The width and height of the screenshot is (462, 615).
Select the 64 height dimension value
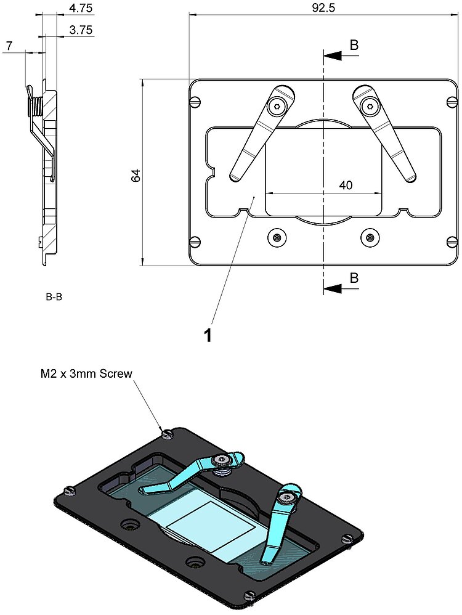click(x=136, y=175)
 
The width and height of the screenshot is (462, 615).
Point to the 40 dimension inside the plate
click(x=346, y=185)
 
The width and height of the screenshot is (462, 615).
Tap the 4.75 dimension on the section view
click(x=81, y=9)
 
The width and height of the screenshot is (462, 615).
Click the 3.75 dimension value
click(x=81, y=29)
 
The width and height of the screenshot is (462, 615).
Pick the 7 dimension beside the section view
click(x=9, y=46)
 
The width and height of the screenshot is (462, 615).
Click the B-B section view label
click(x=54, y=297)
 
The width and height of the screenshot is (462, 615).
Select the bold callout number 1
click(x=208, y=335)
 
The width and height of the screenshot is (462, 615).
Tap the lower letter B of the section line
click(x=354, y=278)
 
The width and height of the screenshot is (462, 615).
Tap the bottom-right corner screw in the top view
click(x=451, y=241)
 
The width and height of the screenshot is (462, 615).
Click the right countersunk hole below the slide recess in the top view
click(x=368, y=237)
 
